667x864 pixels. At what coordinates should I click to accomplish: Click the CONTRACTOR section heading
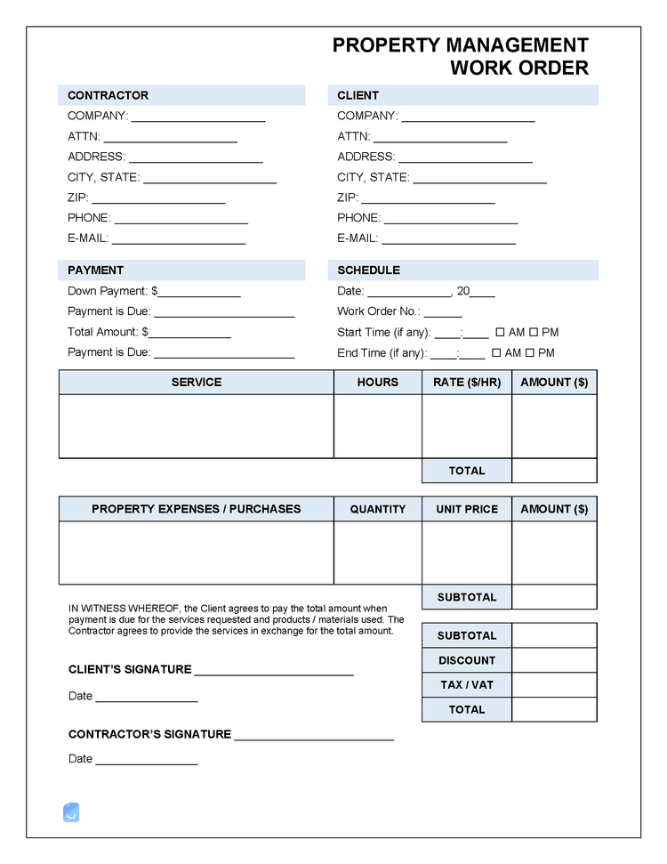[108, 95]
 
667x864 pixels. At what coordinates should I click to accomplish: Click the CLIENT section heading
[358, 95]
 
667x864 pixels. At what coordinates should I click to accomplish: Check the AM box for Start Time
[499, 333]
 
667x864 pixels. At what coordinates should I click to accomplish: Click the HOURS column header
[377, 382]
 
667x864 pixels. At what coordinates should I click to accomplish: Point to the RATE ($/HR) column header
[466, 382]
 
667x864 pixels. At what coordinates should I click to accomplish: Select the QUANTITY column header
[377, 509]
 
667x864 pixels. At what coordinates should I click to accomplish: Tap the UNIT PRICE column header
[467, 509]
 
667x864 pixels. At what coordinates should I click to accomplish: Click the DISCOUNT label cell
[467, 660]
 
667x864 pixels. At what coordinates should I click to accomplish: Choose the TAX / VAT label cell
[467, 684]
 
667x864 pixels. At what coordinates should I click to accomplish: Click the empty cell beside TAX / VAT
[554, 684]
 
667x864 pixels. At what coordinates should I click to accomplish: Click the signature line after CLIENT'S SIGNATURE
[273, 673]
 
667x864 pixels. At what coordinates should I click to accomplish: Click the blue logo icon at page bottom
[72, 812]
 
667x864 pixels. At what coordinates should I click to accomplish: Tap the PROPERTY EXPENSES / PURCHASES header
[196, 509]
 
